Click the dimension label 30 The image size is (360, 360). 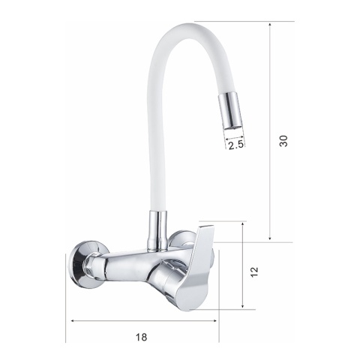(283, 141)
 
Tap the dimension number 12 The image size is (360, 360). (254, 272)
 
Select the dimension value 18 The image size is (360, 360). (142, 337)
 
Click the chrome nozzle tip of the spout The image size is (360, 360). (231, 110)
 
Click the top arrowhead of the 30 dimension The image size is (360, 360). (270, 25)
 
